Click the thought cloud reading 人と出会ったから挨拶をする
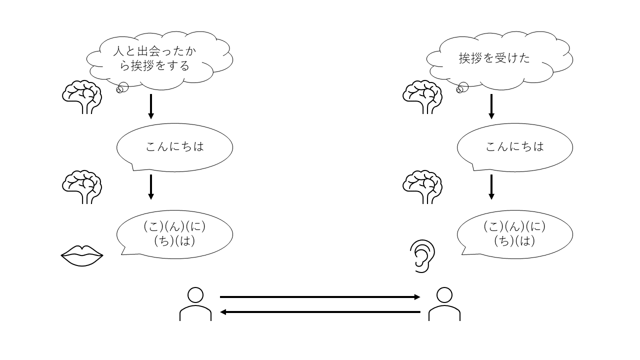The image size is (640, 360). click(159, 59)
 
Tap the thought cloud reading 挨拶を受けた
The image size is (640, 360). click(499, 58)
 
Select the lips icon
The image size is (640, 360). click(82, 256)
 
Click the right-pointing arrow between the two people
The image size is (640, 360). click(320, 297)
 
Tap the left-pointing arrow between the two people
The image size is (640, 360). click(320, 312)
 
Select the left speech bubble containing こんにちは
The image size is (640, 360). click(174, 147)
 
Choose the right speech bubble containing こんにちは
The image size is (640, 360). click(515, 147)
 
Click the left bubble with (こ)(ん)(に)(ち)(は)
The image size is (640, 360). click(174, 234)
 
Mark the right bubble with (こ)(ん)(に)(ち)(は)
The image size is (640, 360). click(515, 234)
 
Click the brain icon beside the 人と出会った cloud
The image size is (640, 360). click(82, 97)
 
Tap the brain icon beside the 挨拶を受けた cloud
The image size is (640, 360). click(422, 97)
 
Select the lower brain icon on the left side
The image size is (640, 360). click(82, 186)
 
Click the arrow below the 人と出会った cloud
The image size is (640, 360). click(151, 106)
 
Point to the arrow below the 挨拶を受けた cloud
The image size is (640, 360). click(491, 106)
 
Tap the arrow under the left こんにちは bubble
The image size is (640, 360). click(151, 186)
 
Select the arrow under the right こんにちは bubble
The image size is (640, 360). click(491, 186)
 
